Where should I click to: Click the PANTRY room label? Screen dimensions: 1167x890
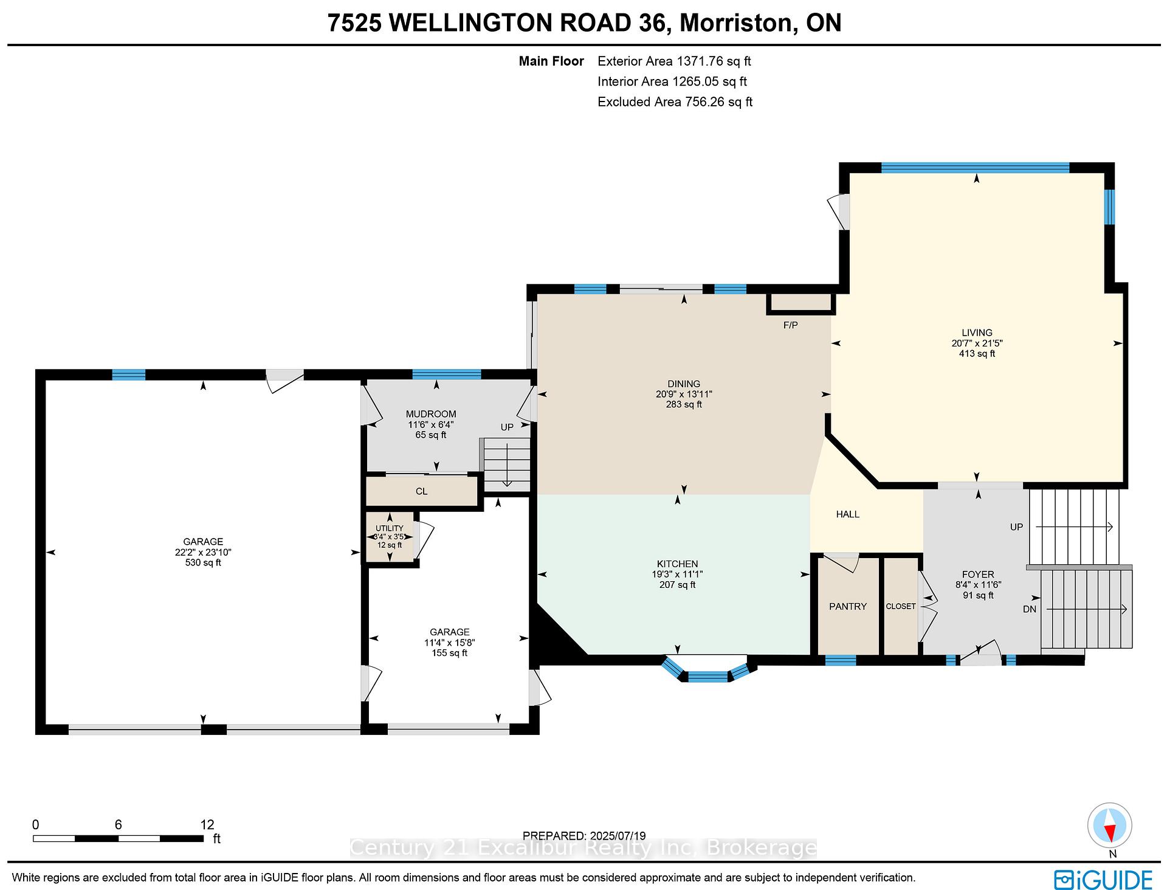pos(848,606)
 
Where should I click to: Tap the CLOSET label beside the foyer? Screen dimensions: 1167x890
pos(901,606)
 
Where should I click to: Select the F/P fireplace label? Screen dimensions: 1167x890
pos(790,325)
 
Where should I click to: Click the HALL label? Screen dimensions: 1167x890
pos(847,514)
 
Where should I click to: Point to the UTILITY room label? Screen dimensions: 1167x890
pos(390,528)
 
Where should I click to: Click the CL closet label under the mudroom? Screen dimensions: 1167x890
pos(421,491)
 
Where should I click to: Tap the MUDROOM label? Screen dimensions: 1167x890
pos(431,414)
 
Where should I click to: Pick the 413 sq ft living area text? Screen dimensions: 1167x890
pos(977,353)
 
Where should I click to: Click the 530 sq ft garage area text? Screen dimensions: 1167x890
pos(203,562)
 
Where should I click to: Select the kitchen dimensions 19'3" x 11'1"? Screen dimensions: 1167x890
pos(677,574)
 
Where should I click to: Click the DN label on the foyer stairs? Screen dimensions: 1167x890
pos(1030,609)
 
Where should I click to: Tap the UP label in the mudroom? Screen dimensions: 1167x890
pos(507,427)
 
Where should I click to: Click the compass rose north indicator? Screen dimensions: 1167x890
pos(1110,825)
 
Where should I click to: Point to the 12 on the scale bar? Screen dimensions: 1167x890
pos(207,824)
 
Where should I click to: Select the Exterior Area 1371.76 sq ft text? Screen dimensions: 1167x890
pos(674,61)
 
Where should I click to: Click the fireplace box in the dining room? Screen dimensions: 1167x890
pos(800,303)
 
